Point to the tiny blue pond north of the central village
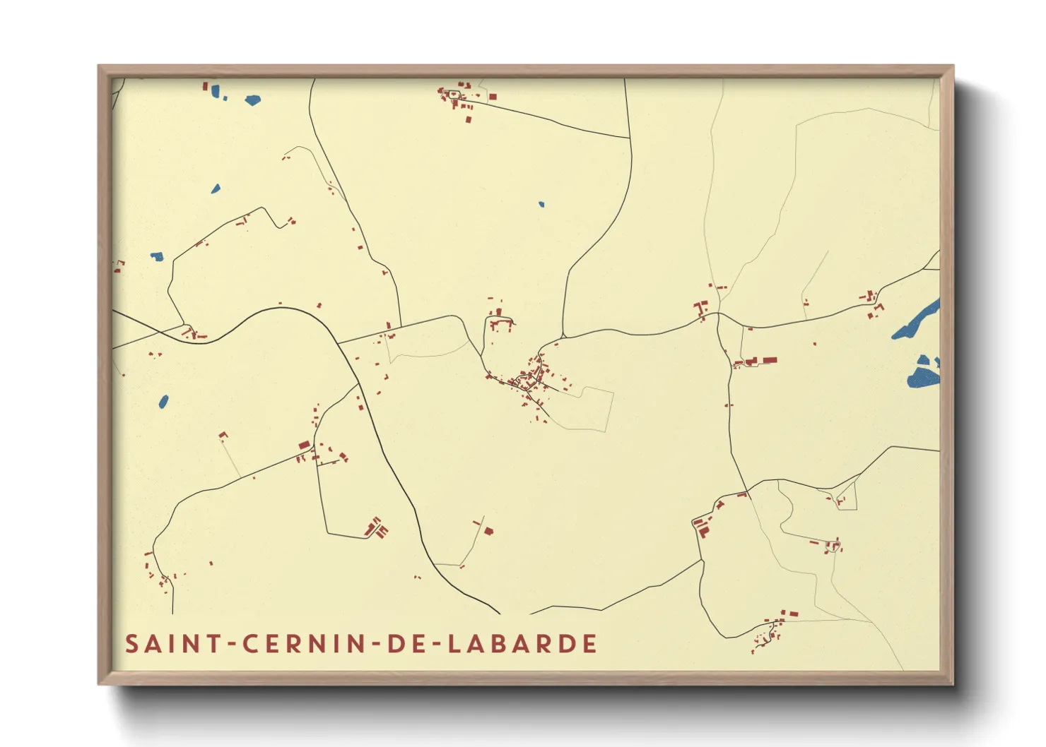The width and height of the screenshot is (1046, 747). pyautogui.click(x=541, y=205)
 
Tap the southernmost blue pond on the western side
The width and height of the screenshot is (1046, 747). pyautogui.click(x=164, y=402)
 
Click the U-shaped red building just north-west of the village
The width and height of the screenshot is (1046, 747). pyautogui.click(x=500, y=325)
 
